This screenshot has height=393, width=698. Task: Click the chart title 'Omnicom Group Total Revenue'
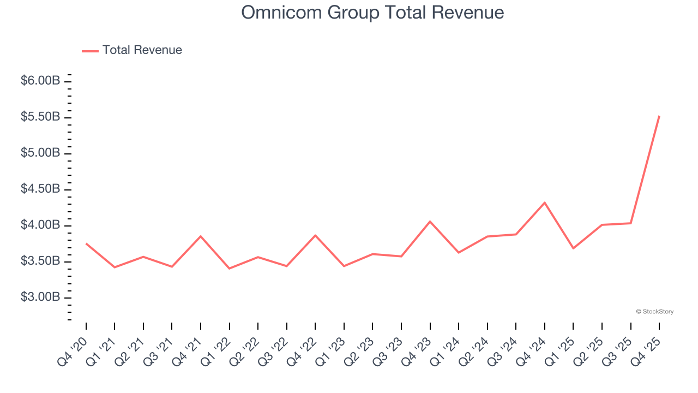[x=372, y=13]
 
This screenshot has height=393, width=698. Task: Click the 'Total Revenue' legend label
[x=142, y=50]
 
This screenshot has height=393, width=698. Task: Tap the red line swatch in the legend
[x=90, y=51]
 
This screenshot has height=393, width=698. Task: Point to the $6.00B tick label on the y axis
[x=40, y=81]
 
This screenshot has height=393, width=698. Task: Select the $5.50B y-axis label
[x=40, y=117]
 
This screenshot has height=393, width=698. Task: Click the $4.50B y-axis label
[x=40, y=189]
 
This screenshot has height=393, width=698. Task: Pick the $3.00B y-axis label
[x=40, y=297]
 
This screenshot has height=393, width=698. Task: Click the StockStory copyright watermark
[x=654, y=312]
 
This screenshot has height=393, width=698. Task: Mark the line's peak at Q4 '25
[x=659, y=116]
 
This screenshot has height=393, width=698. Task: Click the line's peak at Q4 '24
[x=545, y=203]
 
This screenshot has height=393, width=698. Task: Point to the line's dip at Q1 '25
[x=573, y=248]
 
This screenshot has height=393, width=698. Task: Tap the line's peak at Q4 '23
[x=430, y=222]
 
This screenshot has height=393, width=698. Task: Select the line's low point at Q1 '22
[x=229, y=269]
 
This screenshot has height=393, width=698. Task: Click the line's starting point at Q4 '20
[x=86, y=243]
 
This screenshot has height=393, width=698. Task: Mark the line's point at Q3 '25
[x=631, y=223]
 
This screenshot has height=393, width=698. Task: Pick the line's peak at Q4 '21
[x=201, y=236]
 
